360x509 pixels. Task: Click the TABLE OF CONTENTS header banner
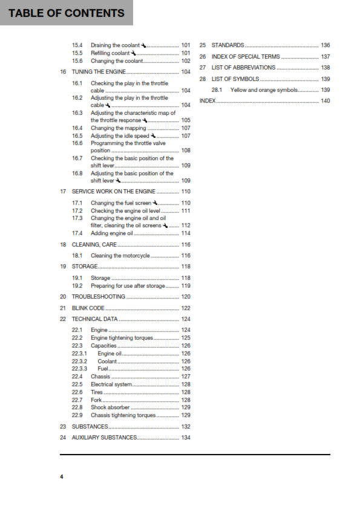[67, 13]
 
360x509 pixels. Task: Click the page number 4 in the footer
[61, 477]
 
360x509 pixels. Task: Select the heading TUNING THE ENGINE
[99, 72]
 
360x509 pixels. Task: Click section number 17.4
[77, 233]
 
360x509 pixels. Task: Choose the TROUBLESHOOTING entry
[99, 297]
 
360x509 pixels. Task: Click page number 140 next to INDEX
[325, 101]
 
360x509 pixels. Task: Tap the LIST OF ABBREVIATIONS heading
[243, 68]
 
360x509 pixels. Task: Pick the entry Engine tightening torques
[122, 338]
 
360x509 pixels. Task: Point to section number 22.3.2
[79, 361]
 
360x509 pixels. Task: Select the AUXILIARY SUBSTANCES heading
[105, 437]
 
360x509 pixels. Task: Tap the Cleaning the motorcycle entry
[120, 256]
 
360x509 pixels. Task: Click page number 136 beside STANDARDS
[325, 45]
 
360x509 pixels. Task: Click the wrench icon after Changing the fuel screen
[155, 203]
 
